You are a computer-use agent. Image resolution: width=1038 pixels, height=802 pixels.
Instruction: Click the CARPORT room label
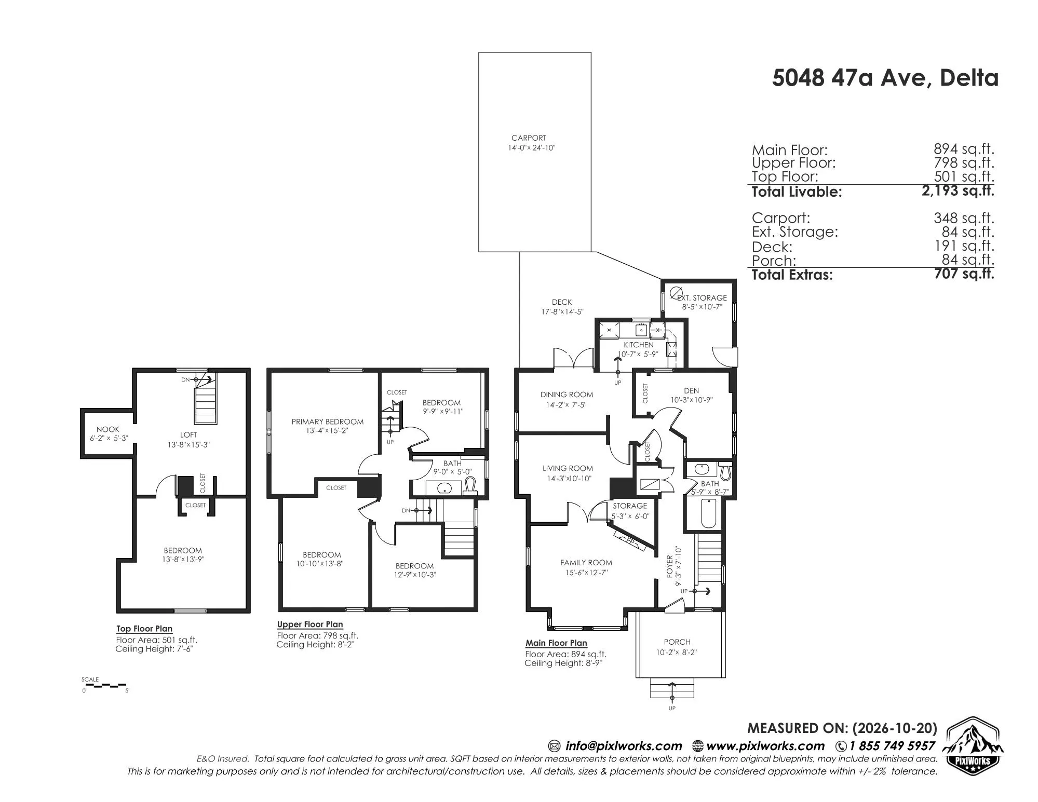(529, 138)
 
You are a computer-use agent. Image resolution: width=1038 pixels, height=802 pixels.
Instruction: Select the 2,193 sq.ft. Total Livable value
(958, 191)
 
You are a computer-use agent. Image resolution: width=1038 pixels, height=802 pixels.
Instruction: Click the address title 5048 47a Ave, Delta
(885, 78)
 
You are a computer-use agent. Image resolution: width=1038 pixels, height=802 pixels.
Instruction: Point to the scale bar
(105, 685)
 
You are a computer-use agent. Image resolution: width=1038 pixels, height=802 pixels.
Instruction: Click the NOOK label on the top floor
(107, 429)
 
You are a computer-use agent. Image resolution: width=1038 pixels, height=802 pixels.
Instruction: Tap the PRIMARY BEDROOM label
(327, 422)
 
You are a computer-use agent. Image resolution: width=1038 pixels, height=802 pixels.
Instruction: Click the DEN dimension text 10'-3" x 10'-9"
(691, 400)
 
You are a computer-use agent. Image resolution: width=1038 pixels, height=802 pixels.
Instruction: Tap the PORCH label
(677, 642)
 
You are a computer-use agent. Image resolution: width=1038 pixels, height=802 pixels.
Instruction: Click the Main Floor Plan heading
(556, 643)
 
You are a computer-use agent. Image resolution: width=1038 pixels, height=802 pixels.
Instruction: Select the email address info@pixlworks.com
(624, 746)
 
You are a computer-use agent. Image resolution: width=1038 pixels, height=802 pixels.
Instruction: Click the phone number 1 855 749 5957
(892, 746)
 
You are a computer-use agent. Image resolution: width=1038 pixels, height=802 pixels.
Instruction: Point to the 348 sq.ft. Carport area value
(964, 218)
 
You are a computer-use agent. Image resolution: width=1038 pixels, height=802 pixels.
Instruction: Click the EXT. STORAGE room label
(702, 298)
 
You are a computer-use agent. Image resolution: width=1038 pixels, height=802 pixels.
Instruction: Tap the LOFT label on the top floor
(188, 434)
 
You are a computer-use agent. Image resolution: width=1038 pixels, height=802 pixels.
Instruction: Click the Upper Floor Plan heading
(310, 624)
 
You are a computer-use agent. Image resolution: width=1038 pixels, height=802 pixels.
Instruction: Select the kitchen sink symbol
(641, 330)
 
